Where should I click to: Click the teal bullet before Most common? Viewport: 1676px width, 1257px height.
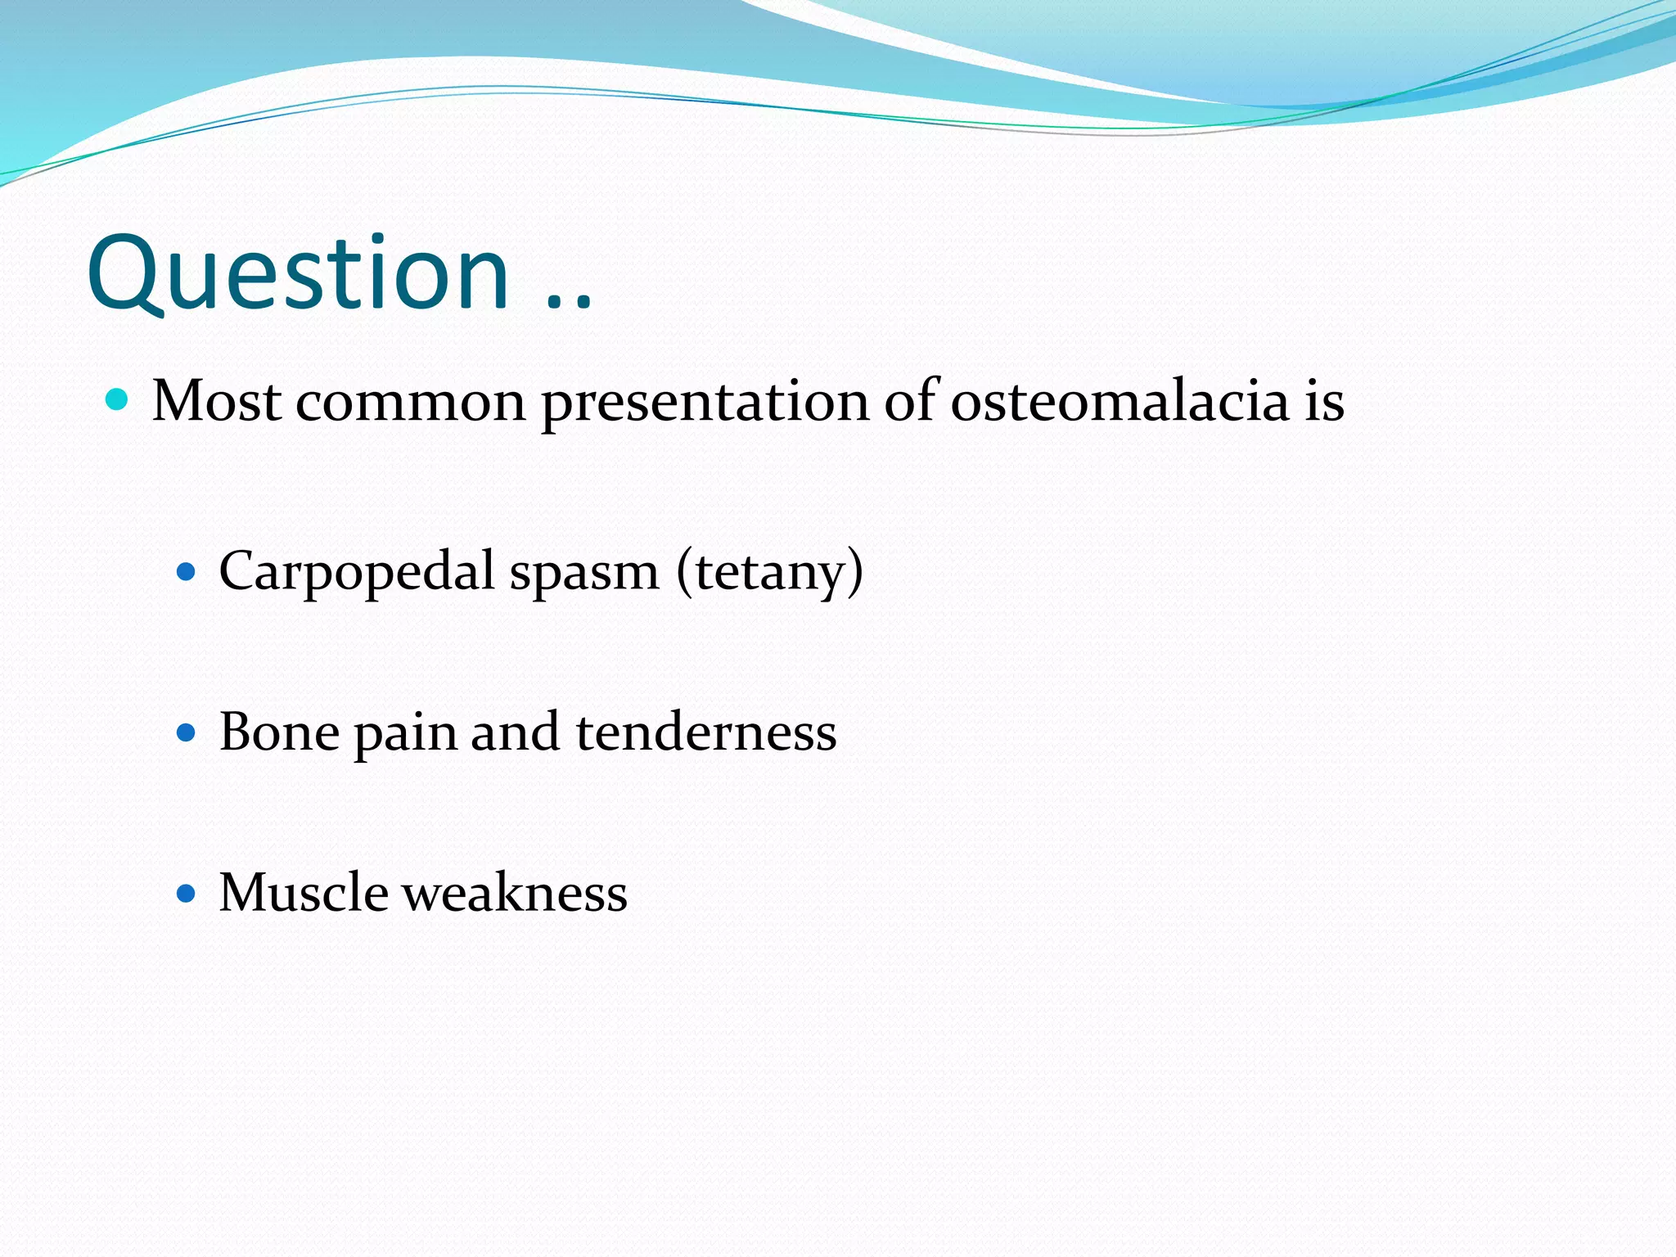pos(118,399)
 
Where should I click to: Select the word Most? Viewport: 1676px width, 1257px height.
pos(217,401)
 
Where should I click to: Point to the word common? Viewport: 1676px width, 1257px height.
pos(410,403)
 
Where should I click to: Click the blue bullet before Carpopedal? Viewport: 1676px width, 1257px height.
pos(187,570)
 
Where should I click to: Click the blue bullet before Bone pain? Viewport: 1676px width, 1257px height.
pos(187,731)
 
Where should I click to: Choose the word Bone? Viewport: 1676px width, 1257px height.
pos(279,731)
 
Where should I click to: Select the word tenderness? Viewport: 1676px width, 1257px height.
pos(705,731)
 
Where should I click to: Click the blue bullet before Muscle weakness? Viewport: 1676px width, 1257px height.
pos(187,892)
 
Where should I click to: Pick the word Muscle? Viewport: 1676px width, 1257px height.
pos(304,892)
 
